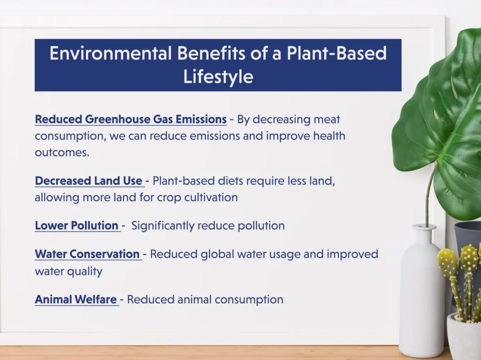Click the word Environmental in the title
tap(110, 53)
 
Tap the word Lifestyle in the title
tap(218, 77)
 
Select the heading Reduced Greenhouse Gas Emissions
tap(131, 119)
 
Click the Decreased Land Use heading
tap(89, 181)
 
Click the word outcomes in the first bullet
tap(62, 153)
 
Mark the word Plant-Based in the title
tap(336, 53)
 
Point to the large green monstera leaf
tap(442, 120)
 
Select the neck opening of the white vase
tap(424, 227)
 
